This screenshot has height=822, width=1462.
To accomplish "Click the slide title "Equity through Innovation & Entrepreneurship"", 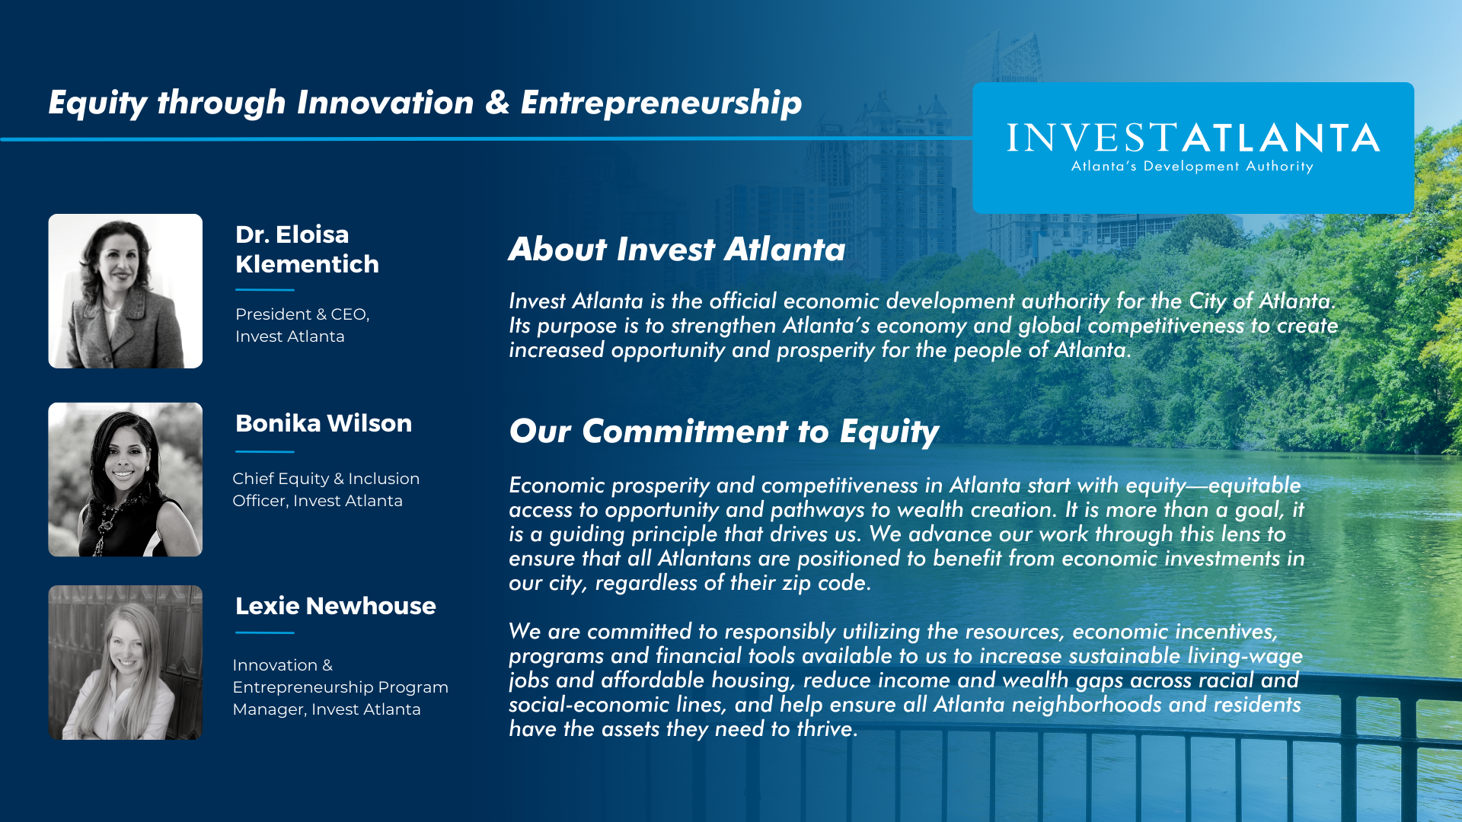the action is [x=425, y=104].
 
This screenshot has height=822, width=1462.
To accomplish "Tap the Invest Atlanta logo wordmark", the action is [x=1193, y=138].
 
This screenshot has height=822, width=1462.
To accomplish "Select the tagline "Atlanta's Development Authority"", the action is [x=1192, y=167].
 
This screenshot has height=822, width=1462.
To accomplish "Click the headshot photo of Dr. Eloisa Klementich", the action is [x=126, y=291].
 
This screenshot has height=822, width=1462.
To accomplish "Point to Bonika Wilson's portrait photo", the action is [x=126, y=479].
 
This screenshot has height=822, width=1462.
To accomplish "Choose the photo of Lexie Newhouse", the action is [x=126, y=662].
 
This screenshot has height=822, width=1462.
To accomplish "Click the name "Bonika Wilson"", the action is [x=324, y=423].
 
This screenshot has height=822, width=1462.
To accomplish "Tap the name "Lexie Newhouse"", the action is [x=336, y=606].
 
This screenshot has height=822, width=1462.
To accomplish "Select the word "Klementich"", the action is [x=307, y=264].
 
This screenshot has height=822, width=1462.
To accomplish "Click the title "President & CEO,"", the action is [x=302, y=314].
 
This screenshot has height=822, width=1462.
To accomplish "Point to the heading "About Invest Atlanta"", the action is [x=677, y=250].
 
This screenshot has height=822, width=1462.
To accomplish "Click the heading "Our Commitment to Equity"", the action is [x=724, y=432].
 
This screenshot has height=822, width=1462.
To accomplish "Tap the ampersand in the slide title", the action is [x=497, y=103].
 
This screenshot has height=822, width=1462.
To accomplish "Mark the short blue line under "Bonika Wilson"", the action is [x=265, y=451].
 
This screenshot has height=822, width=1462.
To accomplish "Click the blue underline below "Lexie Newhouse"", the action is [x=265, y=632].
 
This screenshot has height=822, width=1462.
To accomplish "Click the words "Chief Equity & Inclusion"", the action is [x=326, y=479].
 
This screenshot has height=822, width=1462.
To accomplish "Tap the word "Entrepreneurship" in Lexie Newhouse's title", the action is [x=303, y=687].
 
